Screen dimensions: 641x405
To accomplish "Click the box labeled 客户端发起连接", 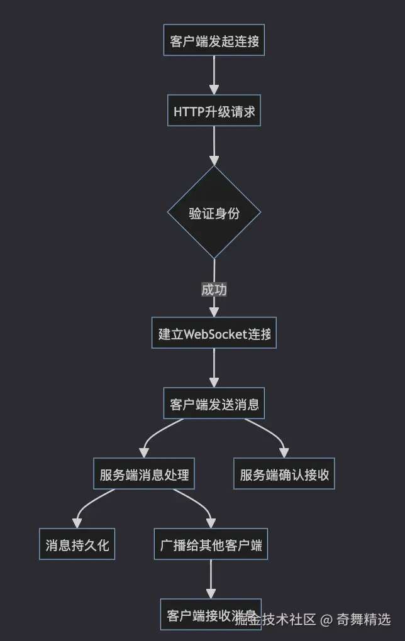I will coord(214,40).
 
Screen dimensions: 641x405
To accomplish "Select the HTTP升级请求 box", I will coord(214,111).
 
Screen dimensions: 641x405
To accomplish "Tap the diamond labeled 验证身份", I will coord(214,212).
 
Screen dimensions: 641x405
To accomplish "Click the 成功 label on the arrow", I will coord(214,290).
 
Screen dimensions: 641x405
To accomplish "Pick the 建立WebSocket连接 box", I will coord(214,333).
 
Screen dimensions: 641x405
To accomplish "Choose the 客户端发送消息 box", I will coord(214,403).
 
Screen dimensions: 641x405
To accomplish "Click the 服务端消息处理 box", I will coord(144,474).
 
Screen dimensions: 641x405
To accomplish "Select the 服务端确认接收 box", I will coord(284,474).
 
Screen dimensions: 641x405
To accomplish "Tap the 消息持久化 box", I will coord(77,544).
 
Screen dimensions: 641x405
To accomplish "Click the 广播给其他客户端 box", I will coord(211,544).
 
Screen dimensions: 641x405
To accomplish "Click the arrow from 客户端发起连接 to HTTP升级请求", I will coord(214,75).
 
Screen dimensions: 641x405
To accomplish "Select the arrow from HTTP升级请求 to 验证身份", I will coord(214,145).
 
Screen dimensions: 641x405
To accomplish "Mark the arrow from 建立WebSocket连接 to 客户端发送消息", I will coord(214,368).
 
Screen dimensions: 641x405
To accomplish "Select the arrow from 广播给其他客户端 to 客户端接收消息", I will coord(211,579).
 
